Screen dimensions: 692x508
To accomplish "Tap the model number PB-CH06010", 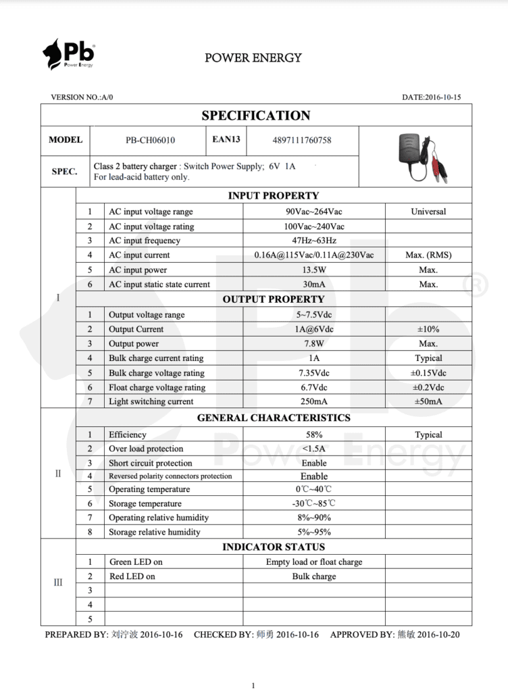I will pyautogui.click(x=150, y=141).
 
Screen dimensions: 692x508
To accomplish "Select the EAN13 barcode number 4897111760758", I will pyautogui.click(x=301, y=141).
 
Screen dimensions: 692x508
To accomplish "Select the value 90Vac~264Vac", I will pyautogui.click(x=313, y=212).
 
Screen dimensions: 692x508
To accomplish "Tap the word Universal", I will pyautogui.click(x=428, y=212).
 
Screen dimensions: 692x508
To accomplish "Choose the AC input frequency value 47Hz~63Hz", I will pyautogui.click(x=313, y=241).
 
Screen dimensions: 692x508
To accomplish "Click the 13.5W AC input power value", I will pyautogui.click(x=313, y=270).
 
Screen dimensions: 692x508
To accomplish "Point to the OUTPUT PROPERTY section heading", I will pyautogui.click(x=274, y=299).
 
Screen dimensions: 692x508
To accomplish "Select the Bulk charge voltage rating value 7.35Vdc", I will pyautogui.click(x=313, y=373).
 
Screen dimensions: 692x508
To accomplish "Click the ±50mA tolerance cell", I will pyautogui.click(x=428, y=401).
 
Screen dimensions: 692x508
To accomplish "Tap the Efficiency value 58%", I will pyautogui.click(x=313, y=435).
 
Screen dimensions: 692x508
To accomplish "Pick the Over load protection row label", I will pyautogui.click(x=146, y=449).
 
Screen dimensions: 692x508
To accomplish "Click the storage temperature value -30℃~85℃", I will pyautogui.click(x=313, y=503).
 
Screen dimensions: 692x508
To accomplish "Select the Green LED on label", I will pyautogui.click(x=136, y=562).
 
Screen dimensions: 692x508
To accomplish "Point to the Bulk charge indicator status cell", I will pyautogui.click(x=313, y=576).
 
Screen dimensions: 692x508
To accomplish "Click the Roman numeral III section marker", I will pyautogui.click(x=58, y=583).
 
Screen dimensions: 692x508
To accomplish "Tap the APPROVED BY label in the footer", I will pyautogui.click(x=361, y=635).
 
